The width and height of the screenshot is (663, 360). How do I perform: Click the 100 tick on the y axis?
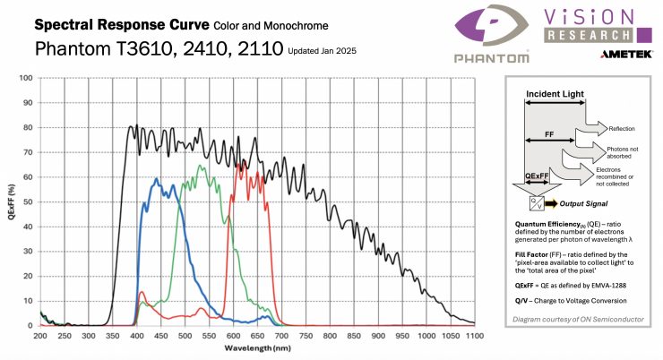coord(26,78)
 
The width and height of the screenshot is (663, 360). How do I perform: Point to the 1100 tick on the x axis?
coord(475,335)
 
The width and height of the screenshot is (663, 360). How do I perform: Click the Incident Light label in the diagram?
coord(555,94)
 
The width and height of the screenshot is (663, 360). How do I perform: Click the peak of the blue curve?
coord(158,179)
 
